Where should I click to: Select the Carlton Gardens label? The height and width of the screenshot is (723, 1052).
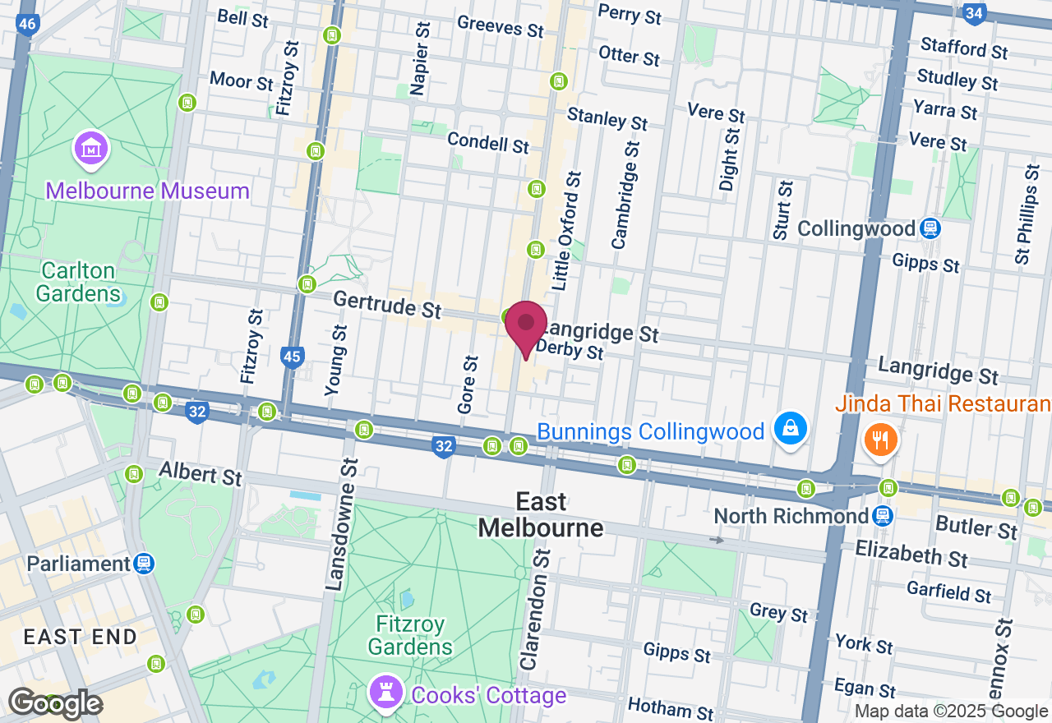point(80,282)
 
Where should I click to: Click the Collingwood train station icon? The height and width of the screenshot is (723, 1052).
point(930,228)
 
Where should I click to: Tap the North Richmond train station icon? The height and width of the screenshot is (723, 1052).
point(883,516)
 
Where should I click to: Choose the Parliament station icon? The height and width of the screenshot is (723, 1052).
point(144,564)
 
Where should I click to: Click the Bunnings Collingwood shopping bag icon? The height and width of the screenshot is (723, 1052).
point(790,429)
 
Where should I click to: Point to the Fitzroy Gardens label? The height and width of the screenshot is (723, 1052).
point(410,635)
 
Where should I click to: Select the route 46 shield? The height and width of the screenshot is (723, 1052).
point(27,24)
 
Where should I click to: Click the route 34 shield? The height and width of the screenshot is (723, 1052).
point(975,13)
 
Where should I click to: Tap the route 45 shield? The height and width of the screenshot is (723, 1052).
point(292,357)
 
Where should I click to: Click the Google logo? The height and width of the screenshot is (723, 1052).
point(55,703)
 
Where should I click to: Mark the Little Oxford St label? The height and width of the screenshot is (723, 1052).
point(567,231)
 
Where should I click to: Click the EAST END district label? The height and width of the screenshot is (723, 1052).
point(80,637)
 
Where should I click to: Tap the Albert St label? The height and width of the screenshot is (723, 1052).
point(201,473)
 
